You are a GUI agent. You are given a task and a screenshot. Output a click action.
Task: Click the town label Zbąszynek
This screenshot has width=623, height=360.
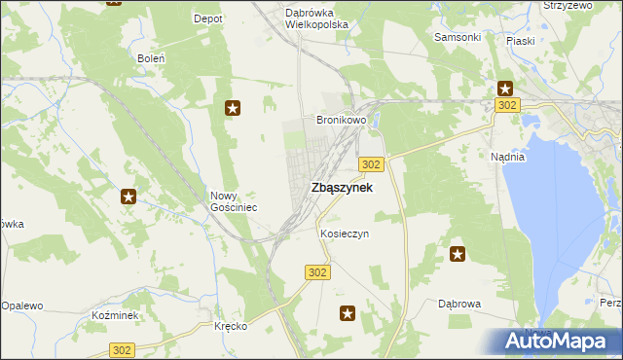coord(341,188)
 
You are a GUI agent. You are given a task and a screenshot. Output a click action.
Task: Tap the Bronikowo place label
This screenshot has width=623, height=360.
coord(341,121)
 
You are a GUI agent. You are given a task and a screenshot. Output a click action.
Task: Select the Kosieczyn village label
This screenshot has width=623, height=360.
coord(345,234)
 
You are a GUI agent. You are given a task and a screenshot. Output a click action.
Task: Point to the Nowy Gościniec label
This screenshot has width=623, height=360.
coord(234,201)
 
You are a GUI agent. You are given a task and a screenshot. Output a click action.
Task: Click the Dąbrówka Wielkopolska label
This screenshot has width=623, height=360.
coord(316,18)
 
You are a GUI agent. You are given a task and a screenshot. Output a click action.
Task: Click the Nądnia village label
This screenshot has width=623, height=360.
coord(508,157)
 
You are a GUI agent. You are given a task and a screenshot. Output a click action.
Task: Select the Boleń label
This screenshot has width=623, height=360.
coord(151,58)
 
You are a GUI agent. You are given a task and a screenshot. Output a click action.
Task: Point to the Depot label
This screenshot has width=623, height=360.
coord(208,18)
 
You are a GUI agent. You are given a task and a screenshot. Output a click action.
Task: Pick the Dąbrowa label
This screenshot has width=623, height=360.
coord(459,305)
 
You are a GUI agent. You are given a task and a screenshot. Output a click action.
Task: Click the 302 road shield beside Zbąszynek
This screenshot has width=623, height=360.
coord(371,164)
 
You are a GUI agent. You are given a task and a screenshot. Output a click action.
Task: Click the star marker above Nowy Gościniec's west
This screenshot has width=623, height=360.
coord(128,198)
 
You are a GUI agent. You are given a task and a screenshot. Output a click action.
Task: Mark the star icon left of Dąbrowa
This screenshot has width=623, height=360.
coord(458,255)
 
